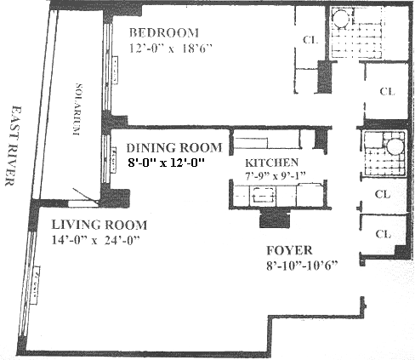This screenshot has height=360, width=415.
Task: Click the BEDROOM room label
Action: point(164,32)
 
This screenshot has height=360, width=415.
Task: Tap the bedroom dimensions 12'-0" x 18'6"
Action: point(171,49)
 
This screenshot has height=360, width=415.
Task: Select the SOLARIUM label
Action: point(78,109)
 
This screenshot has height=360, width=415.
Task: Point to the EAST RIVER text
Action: point(12,146)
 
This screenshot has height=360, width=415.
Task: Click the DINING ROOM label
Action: point(174,148)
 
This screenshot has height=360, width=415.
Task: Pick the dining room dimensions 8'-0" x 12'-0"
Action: point(166,163)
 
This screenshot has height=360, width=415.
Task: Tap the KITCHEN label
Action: point(271,163)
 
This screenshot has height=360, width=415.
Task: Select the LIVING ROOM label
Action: point(99,225)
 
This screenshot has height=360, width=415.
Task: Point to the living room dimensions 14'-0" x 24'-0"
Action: point(96,240)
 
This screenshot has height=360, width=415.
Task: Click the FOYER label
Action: point(289,250)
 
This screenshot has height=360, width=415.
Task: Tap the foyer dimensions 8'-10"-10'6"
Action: point(302,266)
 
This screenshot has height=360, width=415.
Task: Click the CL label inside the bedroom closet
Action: point(310,40)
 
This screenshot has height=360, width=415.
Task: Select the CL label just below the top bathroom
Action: point(387,91)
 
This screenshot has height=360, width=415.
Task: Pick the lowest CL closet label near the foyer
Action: point(384,234)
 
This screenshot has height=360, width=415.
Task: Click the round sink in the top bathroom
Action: point(340,19)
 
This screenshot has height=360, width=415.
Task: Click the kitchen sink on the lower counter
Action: point(264,195)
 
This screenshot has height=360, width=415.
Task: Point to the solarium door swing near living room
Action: point(85,195)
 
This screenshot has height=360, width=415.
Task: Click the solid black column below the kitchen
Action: point(275,219)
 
